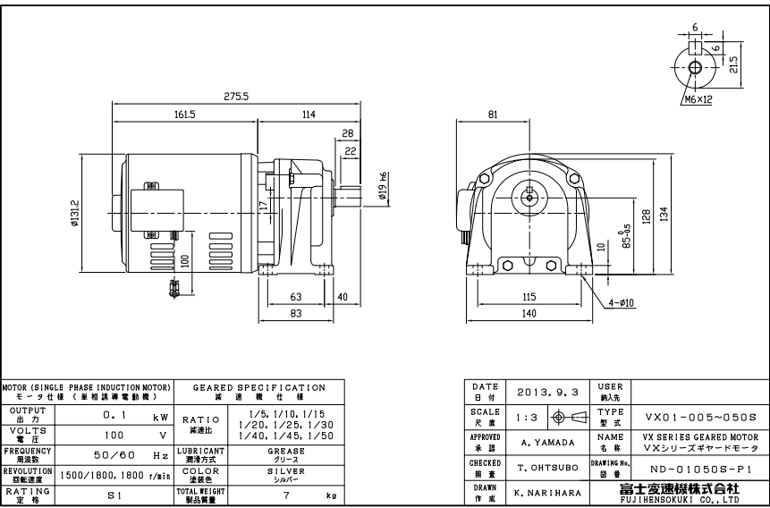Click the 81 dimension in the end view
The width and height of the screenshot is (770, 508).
pos(493,114)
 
